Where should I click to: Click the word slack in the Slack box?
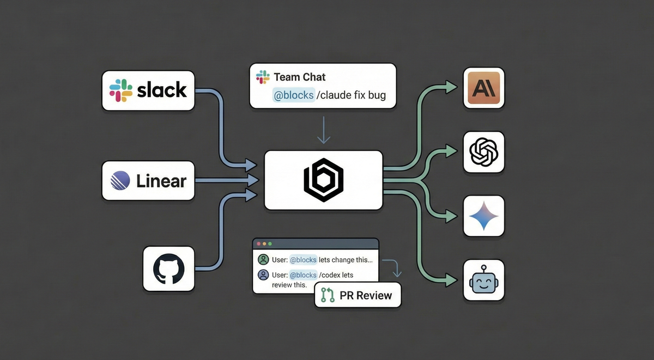(162, 90)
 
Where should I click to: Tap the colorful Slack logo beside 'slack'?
(121, 90)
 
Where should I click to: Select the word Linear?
(161, 180)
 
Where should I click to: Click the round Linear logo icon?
(120, 180)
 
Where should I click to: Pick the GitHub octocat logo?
(169, 268)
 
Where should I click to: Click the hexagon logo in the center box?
(323, 180)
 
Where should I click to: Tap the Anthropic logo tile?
(484, 88)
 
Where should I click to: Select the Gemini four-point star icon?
(484, 216)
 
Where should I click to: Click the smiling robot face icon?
(484, 280)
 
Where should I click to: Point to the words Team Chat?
(299, 77)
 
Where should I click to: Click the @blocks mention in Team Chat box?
(294, 95)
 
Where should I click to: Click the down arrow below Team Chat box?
(324, 131)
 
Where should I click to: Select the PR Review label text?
(366, 295)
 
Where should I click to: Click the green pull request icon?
(328, 295)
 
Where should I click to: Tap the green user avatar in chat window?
(263, 259)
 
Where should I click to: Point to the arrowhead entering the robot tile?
(451, 280)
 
